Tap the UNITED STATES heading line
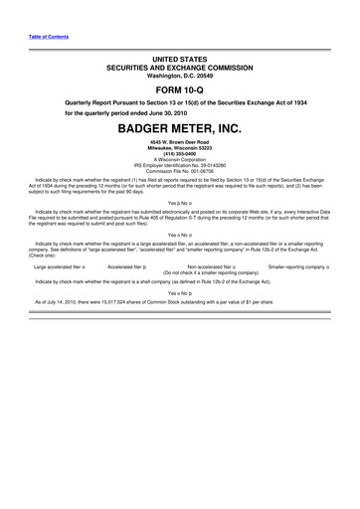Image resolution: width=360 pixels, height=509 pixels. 180,61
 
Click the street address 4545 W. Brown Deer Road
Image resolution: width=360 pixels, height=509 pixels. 180,143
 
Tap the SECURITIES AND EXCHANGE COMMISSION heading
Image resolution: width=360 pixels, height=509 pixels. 180,69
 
